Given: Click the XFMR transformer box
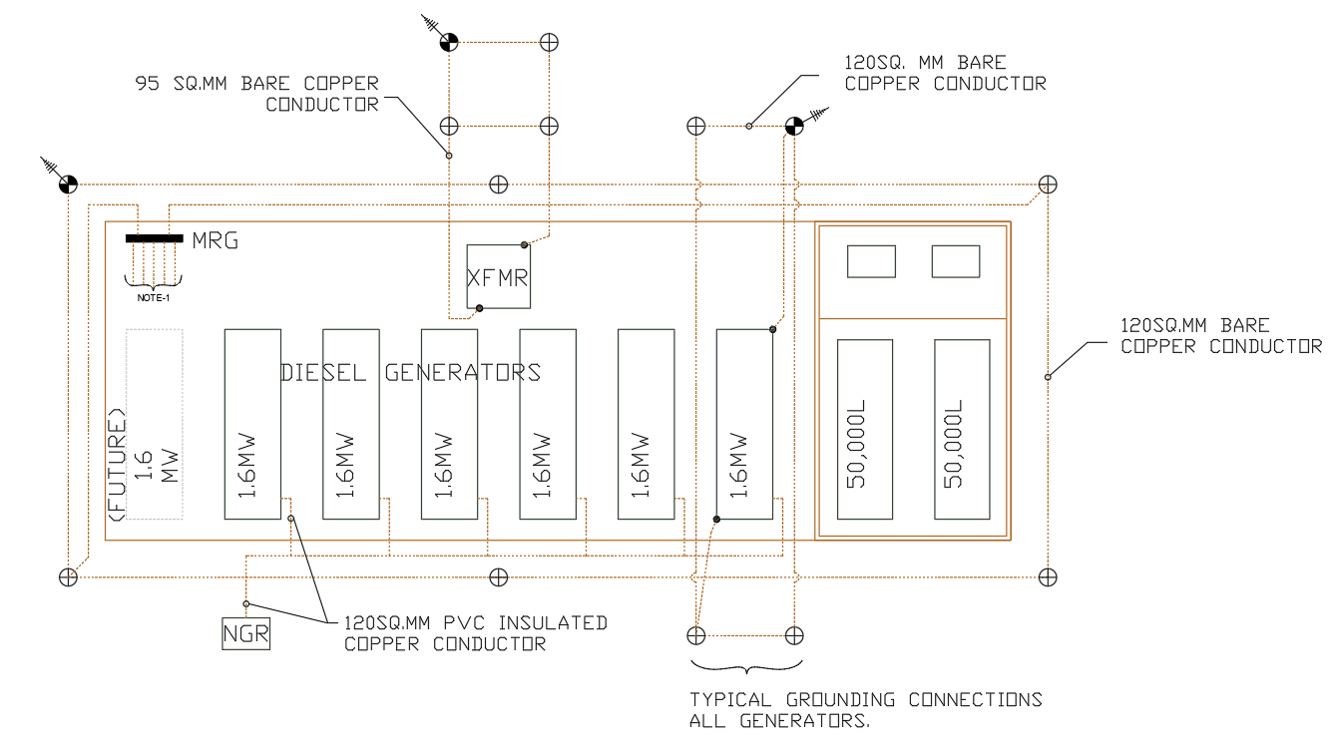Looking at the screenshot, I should coord(499,276).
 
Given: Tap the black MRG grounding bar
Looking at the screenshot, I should coord(155,238).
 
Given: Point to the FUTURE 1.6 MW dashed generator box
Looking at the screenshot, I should coord(155,424).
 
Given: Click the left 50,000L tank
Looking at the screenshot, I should coord(865,429).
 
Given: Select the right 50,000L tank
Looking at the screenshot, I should coord(962,429).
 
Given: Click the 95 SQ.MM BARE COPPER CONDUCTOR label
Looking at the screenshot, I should coord(257,94).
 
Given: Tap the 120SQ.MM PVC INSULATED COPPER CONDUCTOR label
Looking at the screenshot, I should coord(475,633).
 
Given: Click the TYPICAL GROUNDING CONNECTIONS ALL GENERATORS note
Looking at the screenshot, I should coord(865,710).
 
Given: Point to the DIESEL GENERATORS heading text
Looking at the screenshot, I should coord(411,373).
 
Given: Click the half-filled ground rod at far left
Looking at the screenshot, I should coord(67,185).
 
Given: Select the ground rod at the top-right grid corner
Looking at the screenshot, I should coord(1048,185).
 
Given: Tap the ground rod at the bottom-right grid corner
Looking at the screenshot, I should coord(1048,577).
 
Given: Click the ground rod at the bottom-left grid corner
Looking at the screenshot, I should coord(67,577).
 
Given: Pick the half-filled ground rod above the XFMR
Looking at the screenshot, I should coord(449,42).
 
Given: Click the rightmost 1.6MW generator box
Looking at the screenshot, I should coord(744,424).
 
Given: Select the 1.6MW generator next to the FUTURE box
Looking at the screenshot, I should coord(251,424).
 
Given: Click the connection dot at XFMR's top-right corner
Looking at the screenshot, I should coord(524,244).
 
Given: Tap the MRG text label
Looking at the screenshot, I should coord(216,240).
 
